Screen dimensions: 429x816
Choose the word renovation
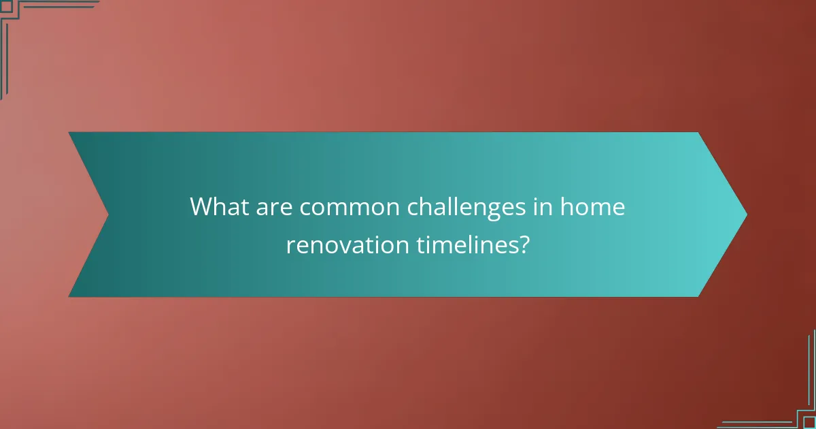(346, 244)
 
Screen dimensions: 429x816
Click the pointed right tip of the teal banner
(746, 214)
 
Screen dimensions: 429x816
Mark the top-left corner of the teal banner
(70, 133)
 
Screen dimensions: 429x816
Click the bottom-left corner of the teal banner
(70, 296)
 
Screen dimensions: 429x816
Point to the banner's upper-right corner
(698, 133)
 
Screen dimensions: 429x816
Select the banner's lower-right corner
(698, 296)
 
